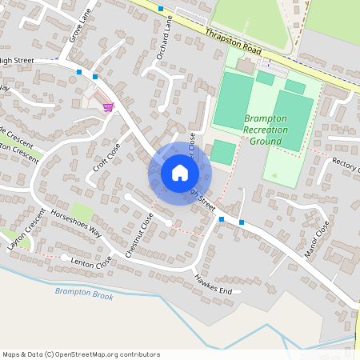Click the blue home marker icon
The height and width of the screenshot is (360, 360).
point(180,172)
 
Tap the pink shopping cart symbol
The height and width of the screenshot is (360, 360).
point(107,106)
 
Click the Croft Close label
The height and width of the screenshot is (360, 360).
point(106,157)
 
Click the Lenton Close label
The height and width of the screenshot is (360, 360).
point(91,261)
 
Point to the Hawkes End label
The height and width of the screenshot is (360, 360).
point(213,285)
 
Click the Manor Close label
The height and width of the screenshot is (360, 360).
point(317,241)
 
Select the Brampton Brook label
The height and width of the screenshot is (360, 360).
point(84,295)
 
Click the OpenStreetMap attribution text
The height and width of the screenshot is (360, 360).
point(81,354)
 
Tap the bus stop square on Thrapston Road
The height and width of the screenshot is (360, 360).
point(161,9)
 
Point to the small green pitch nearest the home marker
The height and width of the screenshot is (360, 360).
point(223,152)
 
